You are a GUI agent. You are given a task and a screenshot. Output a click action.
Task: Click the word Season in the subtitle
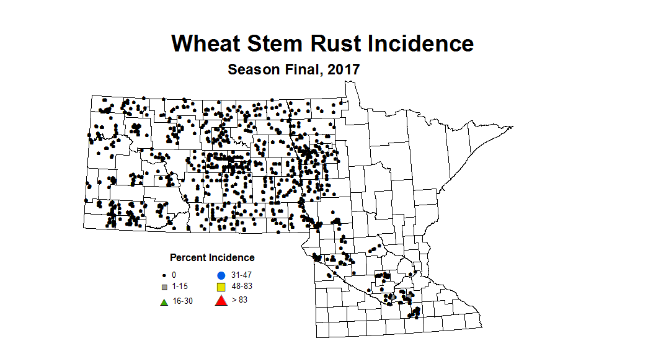(x=254, y=69)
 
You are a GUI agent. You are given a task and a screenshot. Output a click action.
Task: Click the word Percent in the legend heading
(x=190, y=257)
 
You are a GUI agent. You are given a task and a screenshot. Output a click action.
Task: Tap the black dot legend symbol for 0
(x=164, y=275)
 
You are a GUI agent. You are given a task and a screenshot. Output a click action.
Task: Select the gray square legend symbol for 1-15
(x=164, y=287)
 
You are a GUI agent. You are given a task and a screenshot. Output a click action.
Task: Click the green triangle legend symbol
(x=164, y=302)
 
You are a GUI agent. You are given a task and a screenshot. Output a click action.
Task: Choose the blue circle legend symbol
(x=220, y=275)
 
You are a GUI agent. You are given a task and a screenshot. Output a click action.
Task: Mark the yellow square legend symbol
(x=220, y=287)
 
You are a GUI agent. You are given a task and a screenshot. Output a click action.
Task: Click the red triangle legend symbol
(x=220, y=301)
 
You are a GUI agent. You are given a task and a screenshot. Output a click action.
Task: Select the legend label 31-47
(x=241, y=275)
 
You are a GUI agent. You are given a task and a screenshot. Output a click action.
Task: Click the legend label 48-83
(x=241, y=286)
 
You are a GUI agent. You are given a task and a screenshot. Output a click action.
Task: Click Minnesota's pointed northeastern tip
(x=512, y=128)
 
